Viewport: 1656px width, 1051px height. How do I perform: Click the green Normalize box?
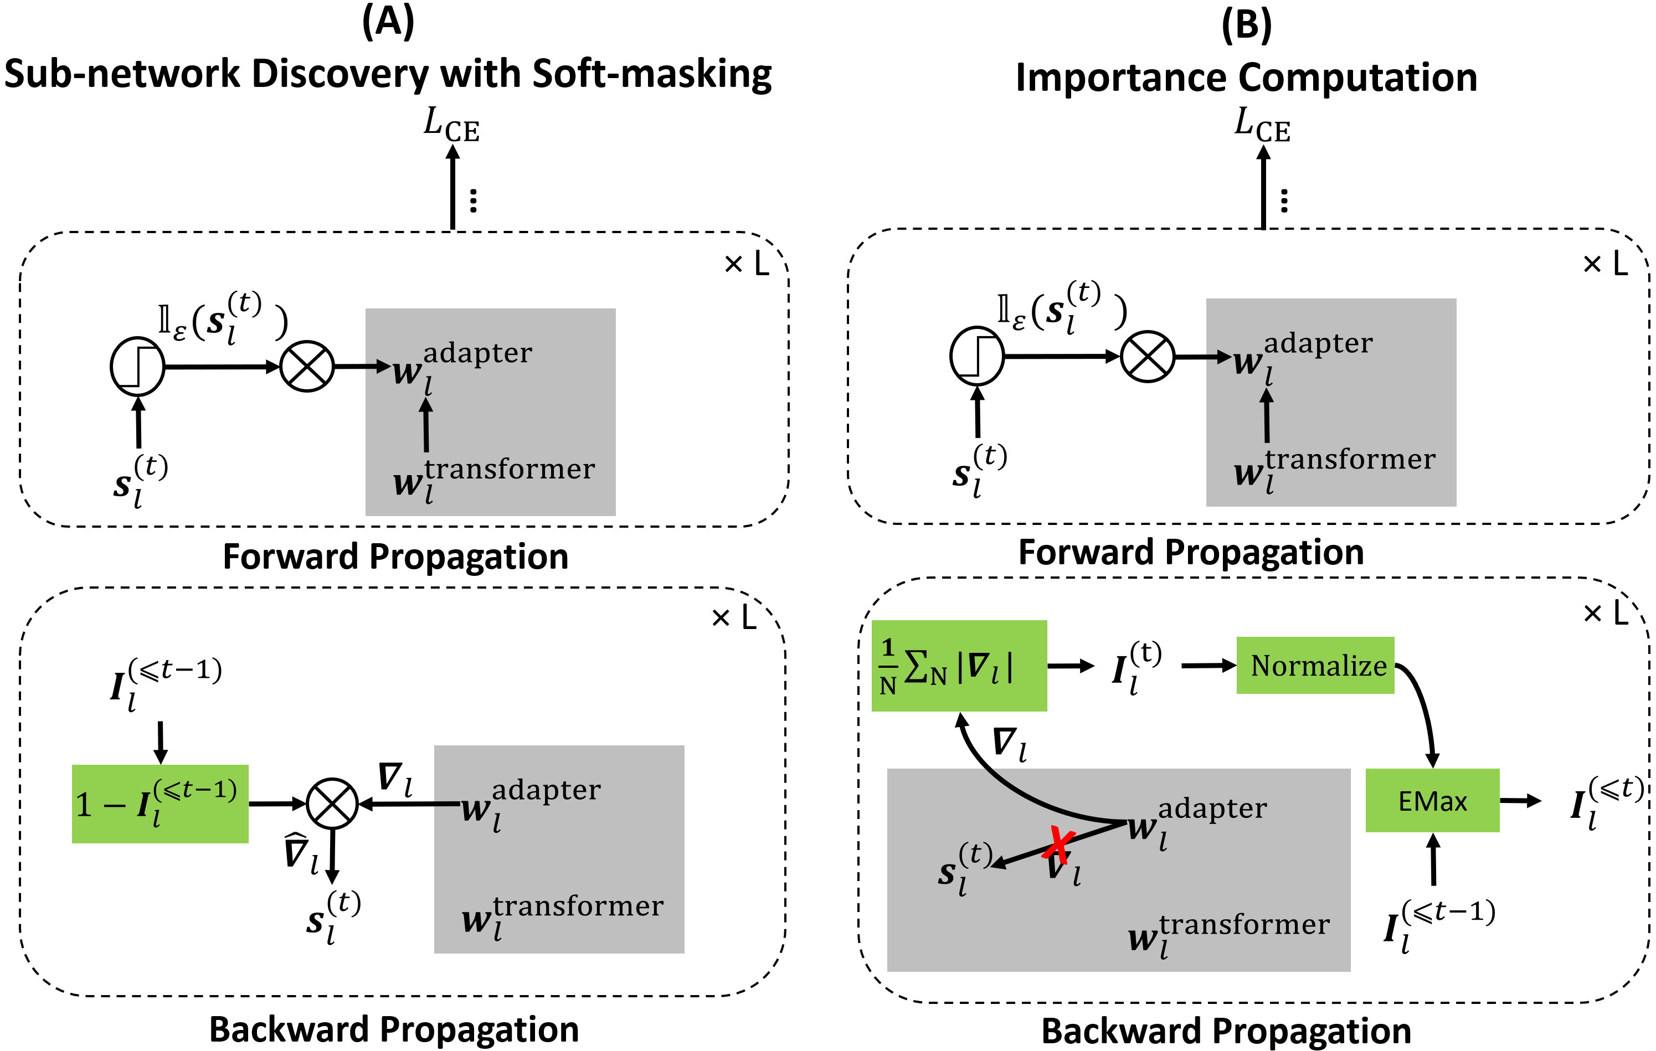[x=1315, y=666]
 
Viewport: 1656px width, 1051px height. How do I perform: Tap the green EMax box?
[x=1432, y=801]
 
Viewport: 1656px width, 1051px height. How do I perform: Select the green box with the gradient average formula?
[x=959, y=666]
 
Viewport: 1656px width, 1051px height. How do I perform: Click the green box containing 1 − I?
[x=160, y=803]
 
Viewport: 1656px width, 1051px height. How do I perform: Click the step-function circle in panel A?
[x=137, y=367]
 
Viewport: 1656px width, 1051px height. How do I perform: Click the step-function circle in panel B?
[x=976, y=356]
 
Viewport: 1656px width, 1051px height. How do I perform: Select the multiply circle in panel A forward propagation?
[x=307, y=367]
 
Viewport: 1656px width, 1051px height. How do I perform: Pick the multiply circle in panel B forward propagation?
[x=1147, y=357]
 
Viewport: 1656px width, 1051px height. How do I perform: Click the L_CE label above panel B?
[x=1262, y=125]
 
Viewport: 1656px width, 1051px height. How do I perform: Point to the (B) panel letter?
[x=1246, y=25]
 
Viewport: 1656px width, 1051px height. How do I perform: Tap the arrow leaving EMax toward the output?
[x=1520, y=801]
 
